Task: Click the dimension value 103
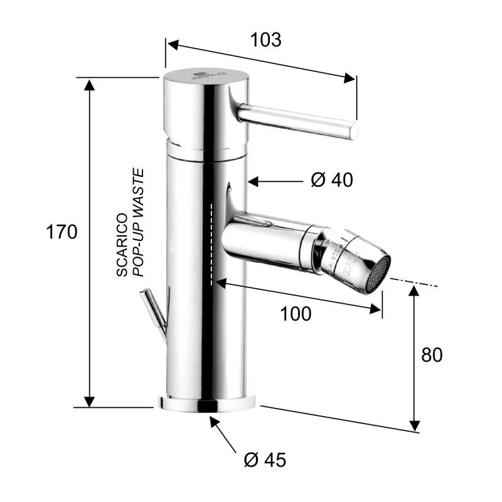pyautogui.click(x=265, y=40)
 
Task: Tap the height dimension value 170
pyautogui.click(x=61, y=232)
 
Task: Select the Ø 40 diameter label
pyautogui.click(x=332, y=180)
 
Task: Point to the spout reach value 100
pyautogui.click(x=296, y=314)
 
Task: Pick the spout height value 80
pyautogui.click(x=432, y=355)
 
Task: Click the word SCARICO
pyautogui.click(x=122, y=245)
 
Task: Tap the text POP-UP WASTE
pyautogui.click(x=139, y=223)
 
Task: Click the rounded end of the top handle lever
pyautogui.click(x=353, y=131)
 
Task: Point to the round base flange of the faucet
pyautogui.click(x=208, y=403)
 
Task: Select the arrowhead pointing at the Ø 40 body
pyautogui.click(x=252, y=181)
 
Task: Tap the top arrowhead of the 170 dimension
pyautogui.click(x=90, y=84)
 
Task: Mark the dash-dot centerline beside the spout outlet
pyautogui.click(x=414, y=282)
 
